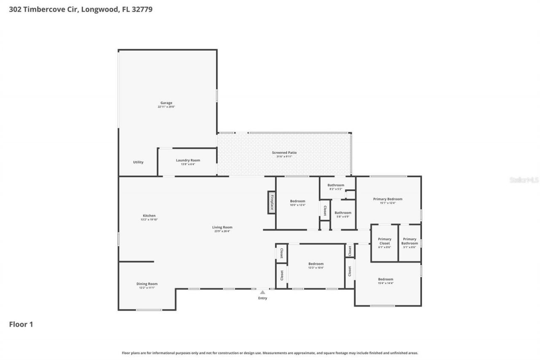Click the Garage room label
pyautogui.click(x=166, y=103)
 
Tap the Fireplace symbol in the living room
pyautogui.click(x=272, y=202)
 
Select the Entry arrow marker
pyautogui.click(x=262, y=292)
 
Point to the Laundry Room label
pyautogui.click(x=188, y=160)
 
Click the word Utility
pyautogui.click(x=138, y=162)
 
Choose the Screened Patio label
pyautogui.click(x=284, y=153)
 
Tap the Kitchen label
pyautogui.click(x=148, y=216)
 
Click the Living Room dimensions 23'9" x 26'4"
pyautogui.click(x=222, y=231)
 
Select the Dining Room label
pyautogui.click(x=147, y=284)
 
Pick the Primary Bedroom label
pyautogui.click(x=387, y=199)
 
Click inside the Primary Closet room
pyautogui.click(x=384, y=243)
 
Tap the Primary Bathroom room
pyautogui.click(x=409, y=243)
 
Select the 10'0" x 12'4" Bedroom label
pyautogui.click(x=297, y=201)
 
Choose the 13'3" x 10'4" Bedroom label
pyautogui.click(x=316, y=264)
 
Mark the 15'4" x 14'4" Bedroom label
pyautogui.click(x=385, y=279)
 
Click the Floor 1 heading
pyautogui.click(x=21, y=324)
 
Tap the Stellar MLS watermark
pyautogui.click(x=524, y=180)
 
